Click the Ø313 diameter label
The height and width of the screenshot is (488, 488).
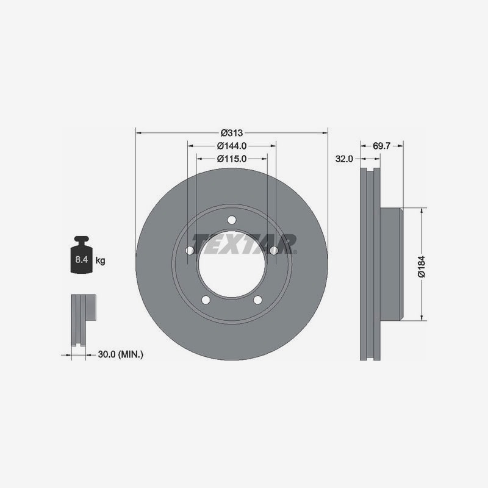[x=232, y=133]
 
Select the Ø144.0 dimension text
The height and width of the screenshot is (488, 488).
[x=232, y=146]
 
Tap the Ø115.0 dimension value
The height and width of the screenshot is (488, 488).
[x=232, y=159]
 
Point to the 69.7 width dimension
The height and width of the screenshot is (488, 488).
[x=381, y=146]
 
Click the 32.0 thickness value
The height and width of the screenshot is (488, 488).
[x=344, y=159]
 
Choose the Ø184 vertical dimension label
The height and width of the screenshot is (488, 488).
[x=422, y=267]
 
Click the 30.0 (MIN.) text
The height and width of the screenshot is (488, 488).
[x=121, y=354]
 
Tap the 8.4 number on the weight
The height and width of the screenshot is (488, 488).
[x=82, y=259]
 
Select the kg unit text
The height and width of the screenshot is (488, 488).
[x=100, y=260]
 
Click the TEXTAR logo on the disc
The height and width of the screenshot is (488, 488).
[x=245, y=244]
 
